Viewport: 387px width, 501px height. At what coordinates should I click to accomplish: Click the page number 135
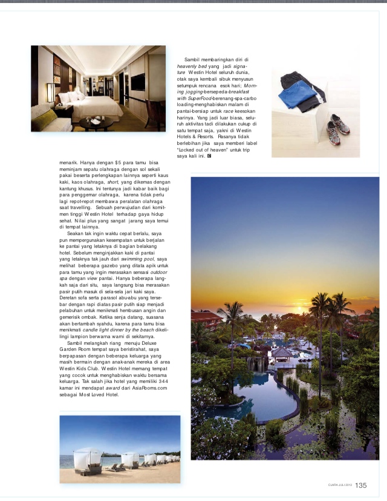pos(360,485)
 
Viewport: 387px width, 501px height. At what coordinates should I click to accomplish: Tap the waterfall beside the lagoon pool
pos(256,363)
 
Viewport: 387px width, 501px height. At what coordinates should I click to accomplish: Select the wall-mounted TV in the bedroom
pos(137,81)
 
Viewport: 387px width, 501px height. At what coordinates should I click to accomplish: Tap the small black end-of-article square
pos(209,156)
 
